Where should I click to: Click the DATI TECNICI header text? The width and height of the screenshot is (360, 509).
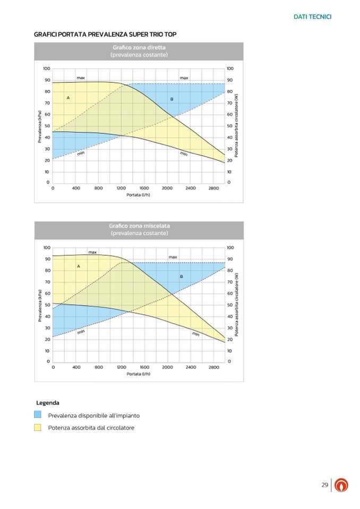tap(312, 17)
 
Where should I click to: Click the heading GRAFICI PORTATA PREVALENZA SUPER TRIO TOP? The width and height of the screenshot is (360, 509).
tap(105, 34)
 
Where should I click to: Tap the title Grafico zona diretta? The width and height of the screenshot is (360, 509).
tap(139, 48)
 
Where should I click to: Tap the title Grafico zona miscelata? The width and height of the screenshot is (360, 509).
tap(139, 226)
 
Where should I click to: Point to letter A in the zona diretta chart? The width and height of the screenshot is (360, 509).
tap(68, 98)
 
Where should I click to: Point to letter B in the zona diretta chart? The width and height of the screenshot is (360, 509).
tap(172, 99)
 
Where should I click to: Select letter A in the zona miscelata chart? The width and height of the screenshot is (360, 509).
tap(79, 266)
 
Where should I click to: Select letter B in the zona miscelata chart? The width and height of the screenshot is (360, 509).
tap(181, 277)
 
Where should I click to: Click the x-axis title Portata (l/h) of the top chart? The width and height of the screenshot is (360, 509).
tap(139, 195)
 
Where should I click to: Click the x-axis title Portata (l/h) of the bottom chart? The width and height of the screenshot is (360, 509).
tap(139, 374)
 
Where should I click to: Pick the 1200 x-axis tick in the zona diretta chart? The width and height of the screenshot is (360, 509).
tap(121, 188)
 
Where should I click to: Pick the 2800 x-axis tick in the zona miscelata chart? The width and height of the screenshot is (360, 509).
tap(213, 367)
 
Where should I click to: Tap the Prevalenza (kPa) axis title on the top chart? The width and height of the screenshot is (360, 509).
tap(39, 126)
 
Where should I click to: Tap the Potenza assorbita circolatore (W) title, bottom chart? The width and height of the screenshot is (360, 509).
tap(237, 305)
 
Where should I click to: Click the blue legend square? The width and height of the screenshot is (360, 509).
tap(38, 415)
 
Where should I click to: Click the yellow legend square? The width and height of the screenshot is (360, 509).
tap(38, 427)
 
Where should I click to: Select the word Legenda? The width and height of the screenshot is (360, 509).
tap(47, 403)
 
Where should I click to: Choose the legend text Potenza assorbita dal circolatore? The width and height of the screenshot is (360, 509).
tap(91, 428)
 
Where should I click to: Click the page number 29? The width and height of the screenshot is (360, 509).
tap(324, 485)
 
